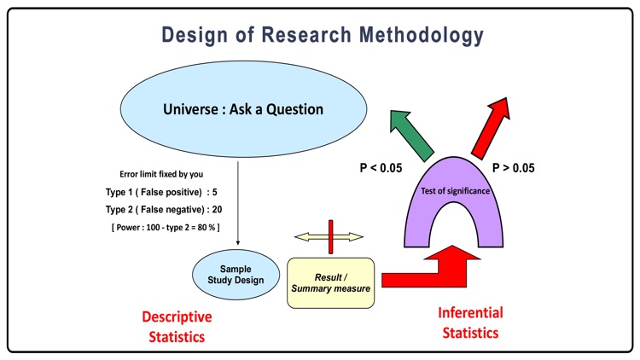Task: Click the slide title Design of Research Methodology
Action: (319, 36)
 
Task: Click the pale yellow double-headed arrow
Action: (328, 236)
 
